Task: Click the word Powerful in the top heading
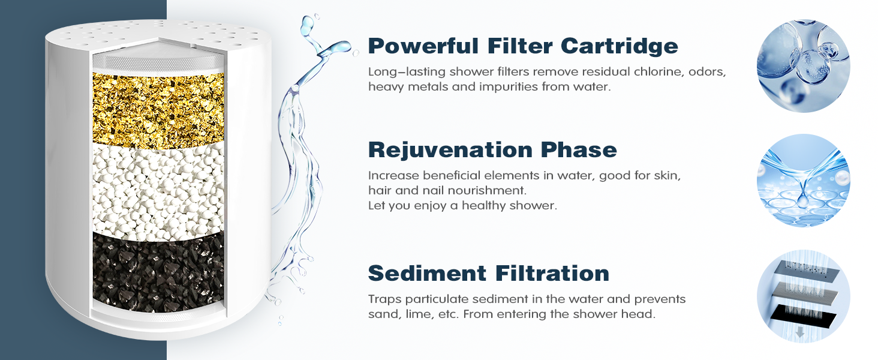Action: pos(423,46)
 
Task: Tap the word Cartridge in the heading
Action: pos(620,46)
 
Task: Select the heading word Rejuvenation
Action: pos(450,150)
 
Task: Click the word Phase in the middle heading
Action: pos(579,150)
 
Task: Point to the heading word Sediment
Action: pos(427,273)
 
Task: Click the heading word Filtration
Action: pos(552,273)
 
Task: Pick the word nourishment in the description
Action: pos(487,191)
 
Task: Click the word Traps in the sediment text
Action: pos(385,299)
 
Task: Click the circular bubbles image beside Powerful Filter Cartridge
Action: pos(803,66)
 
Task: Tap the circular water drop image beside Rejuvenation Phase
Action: pos(803,181)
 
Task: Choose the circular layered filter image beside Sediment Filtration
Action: pos(803,296)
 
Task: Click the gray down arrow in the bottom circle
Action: pos(800,332)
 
